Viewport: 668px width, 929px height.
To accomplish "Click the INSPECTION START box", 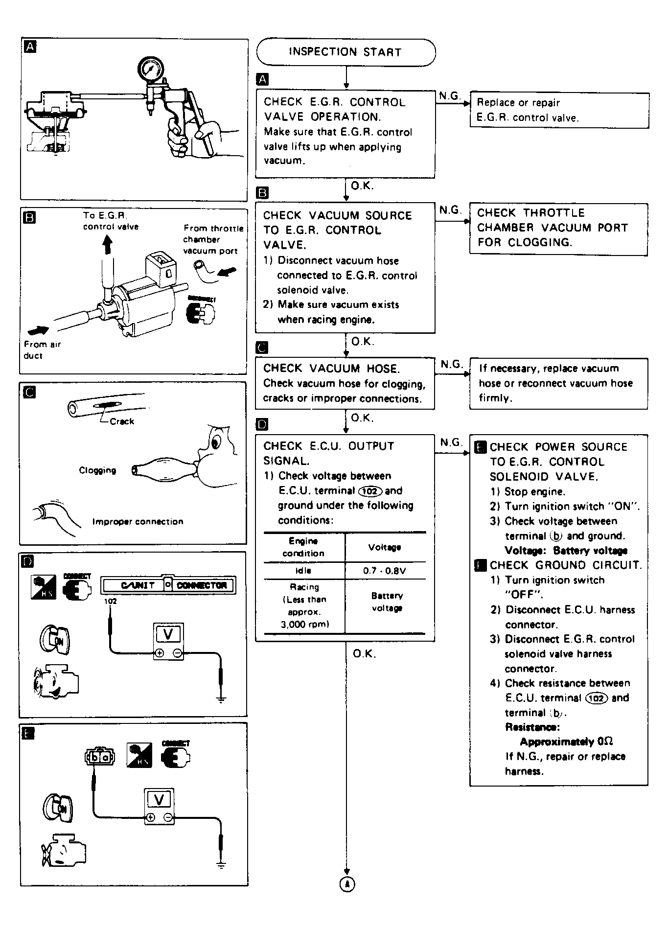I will pyautogui.click(x=346, y=52).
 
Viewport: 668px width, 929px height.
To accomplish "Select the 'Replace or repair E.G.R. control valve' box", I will pyautogui.click(x=559, y=110).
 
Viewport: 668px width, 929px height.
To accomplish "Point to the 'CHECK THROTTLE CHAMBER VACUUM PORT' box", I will pyautogui.click(x=558, y=228).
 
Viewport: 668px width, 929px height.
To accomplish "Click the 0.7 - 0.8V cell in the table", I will pyautogui.click(x=385, y=571).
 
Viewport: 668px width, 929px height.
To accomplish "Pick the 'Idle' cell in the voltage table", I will pyautogui.click(x=303, y=571).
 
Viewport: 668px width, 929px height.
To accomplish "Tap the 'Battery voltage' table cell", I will pyautogui.click(x=386, y=602).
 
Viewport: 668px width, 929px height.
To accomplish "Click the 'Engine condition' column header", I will pyautogui.click(x=303, y=547).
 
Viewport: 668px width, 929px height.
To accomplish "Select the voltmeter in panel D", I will pyautogui.click(x=168, y=641).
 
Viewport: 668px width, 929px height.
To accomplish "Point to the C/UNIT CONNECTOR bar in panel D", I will pyautogui.click(x=168, y=585).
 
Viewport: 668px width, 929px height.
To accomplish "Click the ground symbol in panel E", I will pyautogui.click(x=221, y=865).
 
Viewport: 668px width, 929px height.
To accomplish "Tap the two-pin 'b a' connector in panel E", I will pyautogui.click(x=99, y=757).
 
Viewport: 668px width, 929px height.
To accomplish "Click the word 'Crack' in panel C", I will pyautogui.click(x=122, y=421).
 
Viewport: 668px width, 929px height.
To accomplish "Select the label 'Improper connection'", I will pyautogui.click(x=138, y=522).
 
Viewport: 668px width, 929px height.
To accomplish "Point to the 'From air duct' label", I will pyautogui.click(x=42, y=350).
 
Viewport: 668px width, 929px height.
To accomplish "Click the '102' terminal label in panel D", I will pyautogui.click(x=111, y=601).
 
